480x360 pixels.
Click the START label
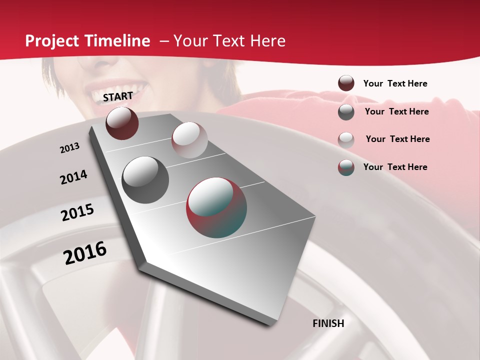point(118,96)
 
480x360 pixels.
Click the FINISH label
point(328,323)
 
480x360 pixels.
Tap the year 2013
point(69,148)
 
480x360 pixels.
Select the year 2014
point(73,177)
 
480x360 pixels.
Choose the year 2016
point(85,253)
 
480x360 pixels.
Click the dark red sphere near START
point(122,123)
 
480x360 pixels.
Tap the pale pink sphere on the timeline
point(189,140)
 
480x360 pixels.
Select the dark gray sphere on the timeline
point(145,179)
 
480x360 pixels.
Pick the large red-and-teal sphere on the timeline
point(216,207)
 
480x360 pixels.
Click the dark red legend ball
point(346,83)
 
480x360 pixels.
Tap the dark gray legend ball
point(346,112)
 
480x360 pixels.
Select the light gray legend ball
point(346,139)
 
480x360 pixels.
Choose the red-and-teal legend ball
point(346,167)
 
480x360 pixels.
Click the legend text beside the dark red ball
point(395,83)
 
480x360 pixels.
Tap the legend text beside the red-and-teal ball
point(395,167)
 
